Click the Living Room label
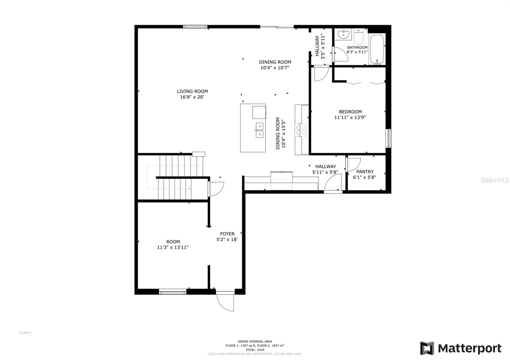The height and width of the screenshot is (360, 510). point(193,91)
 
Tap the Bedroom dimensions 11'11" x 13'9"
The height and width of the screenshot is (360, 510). point(350,118)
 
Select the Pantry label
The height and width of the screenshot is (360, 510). point(365,172)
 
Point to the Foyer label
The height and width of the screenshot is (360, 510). point(227,234)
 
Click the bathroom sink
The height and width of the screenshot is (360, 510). point(343,34)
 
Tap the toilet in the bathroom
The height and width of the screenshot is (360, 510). point(359,37)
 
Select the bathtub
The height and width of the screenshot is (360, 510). point(377,49)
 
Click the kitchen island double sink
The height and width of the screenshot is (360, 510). point(259,130)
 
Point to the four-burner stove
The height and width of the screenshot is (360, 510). point(301,130)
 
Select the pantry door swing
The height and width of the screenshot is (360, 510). point(353,164)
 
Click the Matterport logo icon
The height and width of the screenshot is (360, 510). point(427,348)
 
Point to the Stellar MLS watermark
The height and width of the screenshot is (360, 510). point(494,180)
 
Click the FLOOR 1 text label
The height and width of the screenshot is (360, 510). point(25,333)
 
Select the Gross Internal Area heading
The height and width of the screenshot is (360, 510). point(255,341)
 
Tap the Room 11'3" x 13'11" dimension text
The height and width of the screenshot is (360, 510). point(173,247)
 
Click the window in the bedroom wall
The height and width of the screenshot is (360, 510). point(389,138)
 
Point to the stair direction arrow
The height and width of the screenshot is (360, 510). point(169,189)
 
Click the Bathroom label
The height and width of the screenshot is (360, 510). point(357,47)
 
